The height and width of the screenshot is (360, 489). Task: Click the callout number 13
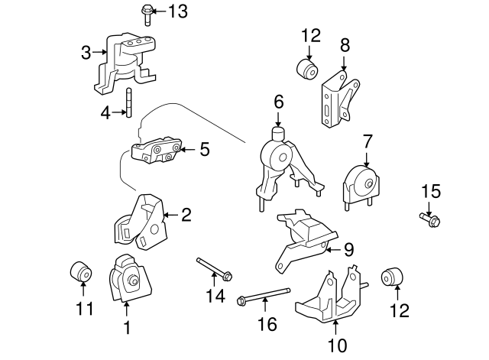coord(176,11)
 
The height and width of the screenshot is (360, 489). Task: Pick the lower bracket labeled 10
coord(329,300)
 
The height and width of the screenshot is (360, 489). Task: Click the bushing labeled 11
coord(81,271)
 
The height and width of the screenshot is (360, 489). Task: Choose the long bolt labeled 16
coord(264,295)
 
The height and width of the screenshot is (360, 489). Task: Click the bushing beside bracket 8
coord(308,70)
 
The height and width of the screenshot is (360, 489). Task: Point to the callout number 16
coord(267,325)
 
